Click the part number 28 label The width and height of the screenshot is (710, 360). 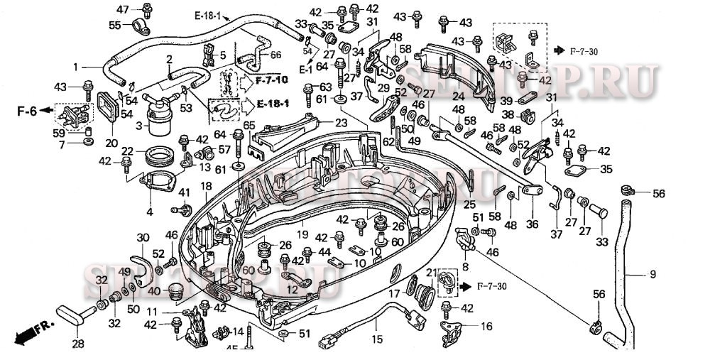point(77,344)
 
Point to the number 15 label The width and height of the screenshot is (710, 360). point(377,339)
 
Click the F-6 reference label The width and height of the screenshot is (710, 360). point(26,111)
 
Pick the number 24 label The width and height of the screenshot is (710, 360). point(458,97)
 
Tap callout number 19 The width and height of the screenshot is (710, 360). point(301,234)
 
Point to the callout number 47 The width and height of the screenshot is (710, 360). point(122,9)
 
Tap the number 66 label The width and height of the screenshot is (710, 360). point(275,55)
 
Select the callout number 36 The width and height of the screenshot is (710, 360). point(532,224)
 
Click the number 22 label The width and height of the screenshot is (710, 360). point(127,151)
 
